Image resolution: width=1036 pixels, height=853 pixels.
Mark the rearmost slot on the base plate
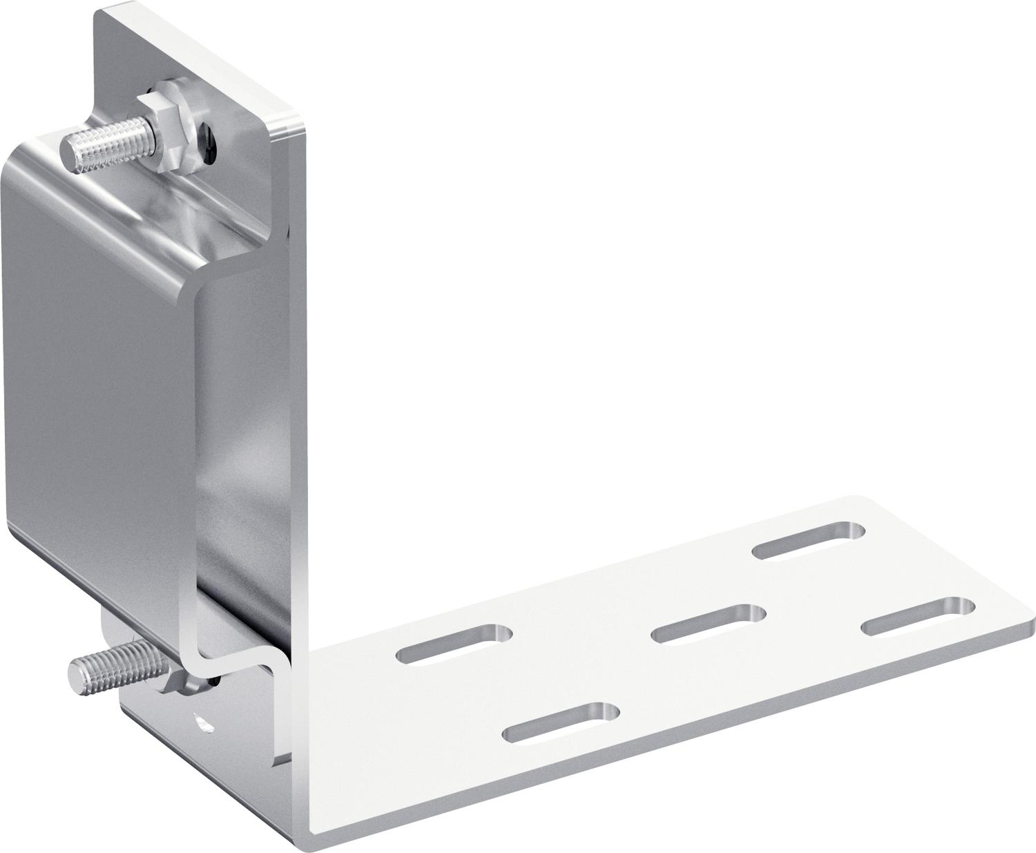(808, 540)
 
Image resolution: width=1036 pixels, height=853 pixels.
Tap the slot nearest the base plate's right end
(918, 615)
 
